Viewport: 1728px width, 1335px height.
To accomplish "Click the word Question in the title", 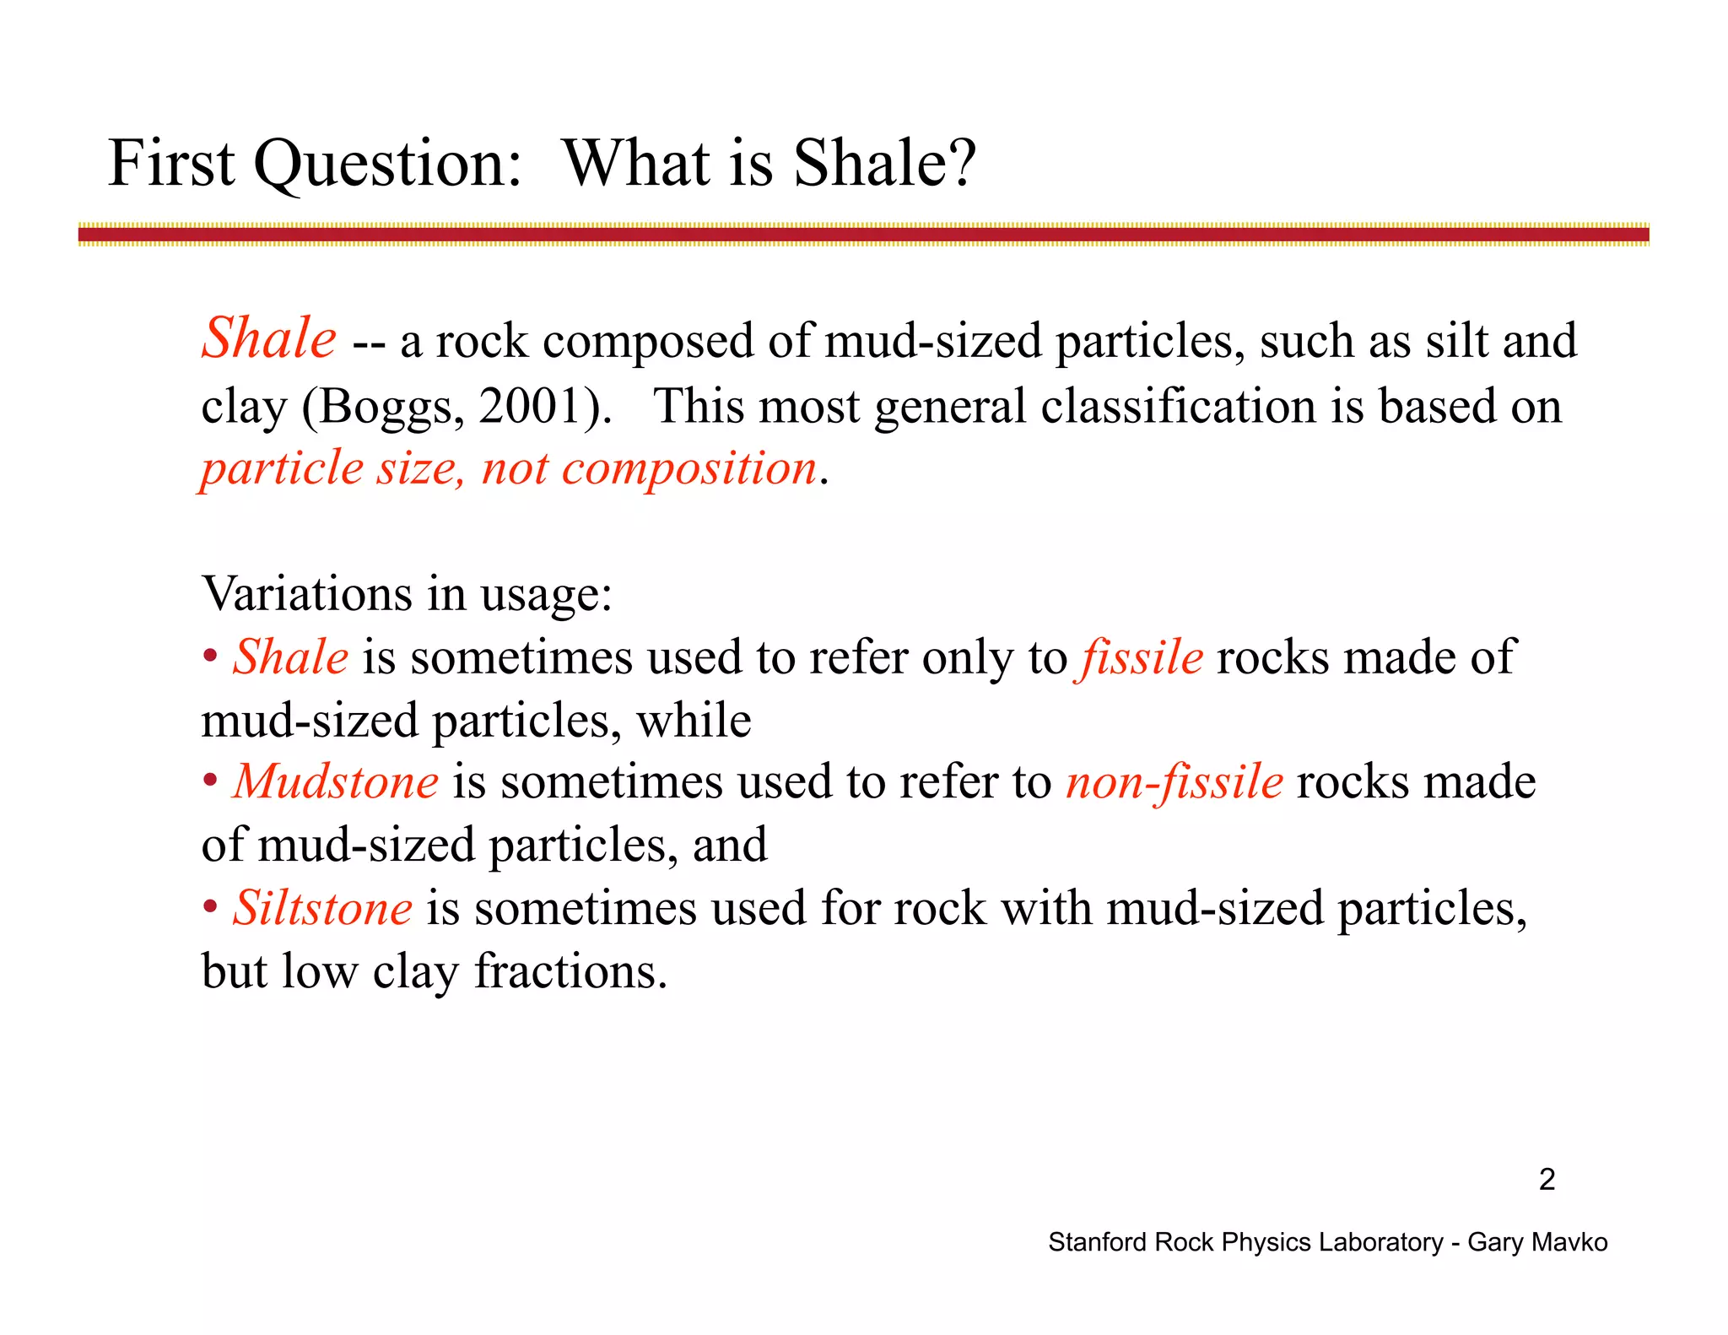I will click(x=387, y=164).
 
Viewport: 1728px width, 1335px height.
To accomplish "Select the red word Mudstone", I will click(x=336, y=781).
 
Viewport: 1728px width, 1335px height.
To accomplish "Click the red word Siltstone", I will click(x=323, y=908).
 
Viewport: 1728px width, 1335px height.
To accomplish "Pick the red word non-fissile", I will click(x=1174, y=781).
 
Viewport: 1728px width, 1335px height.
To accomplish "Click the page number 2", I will click(x=1547, y=1179).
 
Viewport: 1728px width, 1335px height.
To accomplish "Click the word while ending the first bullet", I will click(x=694, y=721).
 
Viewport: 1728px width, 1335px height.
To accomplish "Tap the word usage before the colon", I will click(x=540, y=595).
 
